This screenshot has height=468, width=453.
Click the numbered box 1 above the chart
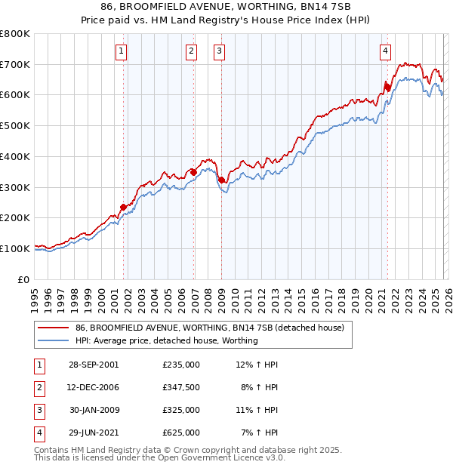(122, 51)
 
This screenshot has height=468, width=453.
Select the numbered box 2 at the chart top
(192, 51)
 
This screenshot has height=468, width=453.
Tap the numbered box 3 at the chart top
(219, 51)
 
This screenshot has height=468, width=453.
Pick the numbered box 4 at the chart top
(385, 51)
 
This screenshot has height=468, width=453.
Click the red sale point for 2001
(123, 207)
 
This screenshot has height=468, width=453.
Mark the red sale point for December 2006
(193, 172)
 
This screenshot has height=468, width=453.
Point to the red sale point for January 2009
(222, 180)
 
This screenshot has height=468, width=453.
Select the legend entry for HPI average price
(166, 340)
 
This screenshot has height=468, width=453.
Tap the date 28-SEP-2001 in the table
(94, 365)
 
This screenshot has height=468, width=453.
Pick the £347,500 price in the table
(181, 387)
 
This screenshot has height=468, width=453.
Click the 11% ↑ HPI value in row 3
(257, 410)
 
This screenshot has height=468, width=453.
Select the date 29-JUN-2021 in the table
(94, 433)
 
